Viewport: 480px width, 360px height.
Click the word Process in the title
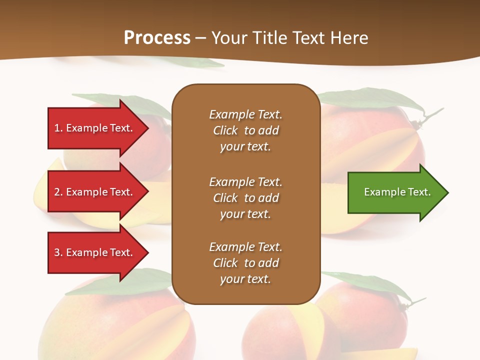[x=157, y=38]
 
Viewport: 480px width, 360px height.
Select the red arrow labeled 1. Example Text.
[x=95, y=128]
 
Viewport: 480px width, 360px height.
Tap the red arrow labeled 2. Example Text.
[x=95, y=192]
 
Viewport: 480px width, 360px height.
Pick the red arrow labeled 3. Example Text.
[x=95, y=252]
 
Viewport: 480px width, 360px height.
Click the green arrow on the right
[x=395, y=192]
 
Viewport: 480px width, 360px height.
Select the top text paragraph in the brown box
[x=245, y=130]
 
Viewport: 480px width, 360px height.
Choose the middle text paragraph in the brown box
[x=245, y=198]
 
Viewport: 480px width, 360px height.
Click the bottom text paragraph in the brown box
[x=245, y=263]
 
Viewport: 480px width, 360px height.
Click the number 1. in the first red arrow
[x=58, y=128]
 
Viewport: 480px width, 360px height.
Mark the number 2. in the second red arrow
[x=58, y=192]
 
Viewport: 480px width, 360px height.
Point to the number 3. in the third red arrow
[x=58, y=252]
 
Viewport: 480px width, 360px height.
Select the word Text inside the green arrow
[x=419, y=192]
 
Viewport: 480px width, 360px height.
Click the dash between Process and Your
[x=201, y=38]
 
